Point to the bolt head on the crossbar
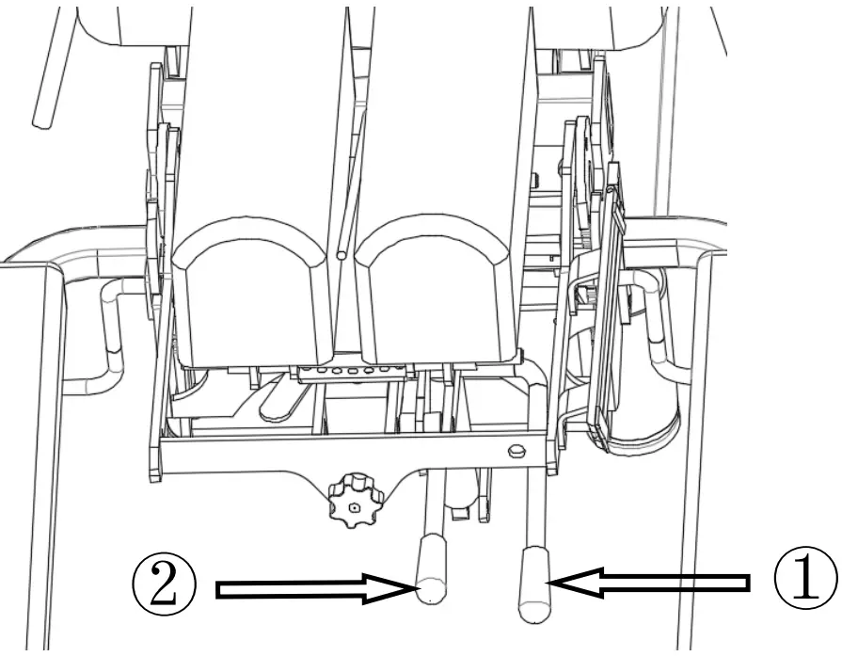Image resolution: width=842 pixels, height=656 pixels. [515, 451]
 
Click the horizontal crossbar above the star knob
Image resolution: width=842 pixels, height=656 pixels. [282, 453]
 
